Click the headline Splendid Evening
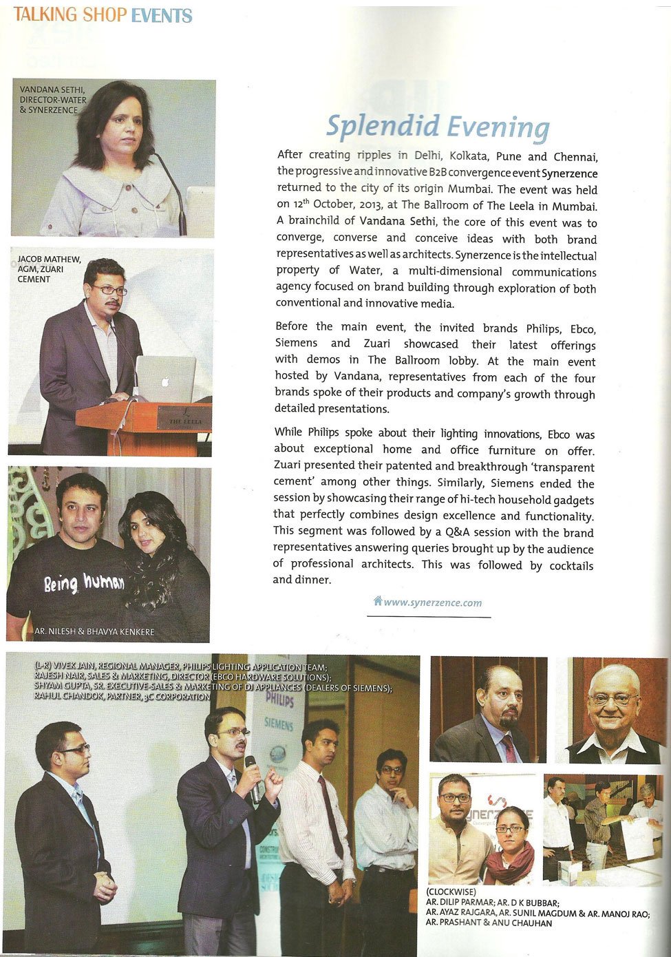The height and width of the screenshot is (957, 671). tap(438, 127)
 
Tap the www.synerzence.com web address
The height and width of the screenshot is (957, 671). tap(432, 602)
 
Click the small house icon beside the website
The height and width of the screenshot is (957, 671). tap(377, 601)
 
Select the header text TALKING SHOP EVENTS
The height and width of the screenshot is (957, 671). tap(103, 15)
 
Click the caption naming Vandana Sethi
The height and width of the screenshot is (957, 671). tap(53, 100)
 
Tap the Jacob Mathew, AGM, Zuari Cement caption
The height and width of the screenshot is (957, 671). tap(49, 269)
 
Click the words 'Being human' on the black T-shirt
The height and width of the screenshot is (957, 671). tap(84, 584)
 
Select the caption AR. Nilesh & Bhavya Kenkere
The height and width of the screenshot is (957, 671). tap(95, 631)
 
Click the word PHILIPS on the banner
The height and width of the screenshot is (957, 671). tap(279, 701)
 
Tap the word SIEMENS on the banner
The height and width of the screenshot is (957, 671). tap(279, 725)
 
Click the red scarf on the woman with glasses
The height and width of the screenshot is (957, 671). tap(511, 862)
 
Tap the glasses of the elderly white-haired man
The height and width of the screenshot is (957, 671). tap(613, 700)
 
